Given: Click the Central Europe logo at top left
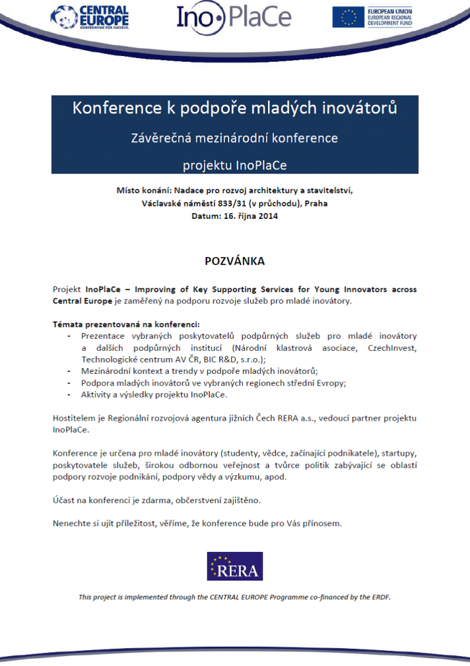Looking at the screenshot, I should pos(91,16).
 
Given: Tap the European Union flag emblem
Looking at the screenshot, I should pos(348,17).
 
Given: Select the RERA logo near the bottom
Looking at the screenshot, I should pos(235,566).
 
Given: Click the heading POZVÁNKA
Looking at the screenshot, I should pos(235,260).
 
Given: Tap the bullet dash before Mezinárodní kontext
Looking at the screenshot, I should pos(68,371).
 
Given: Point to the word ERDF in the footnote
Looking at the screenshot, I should pos(379,597).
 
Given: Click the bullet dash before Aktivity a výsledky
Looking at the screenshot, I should pos(68,395).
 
